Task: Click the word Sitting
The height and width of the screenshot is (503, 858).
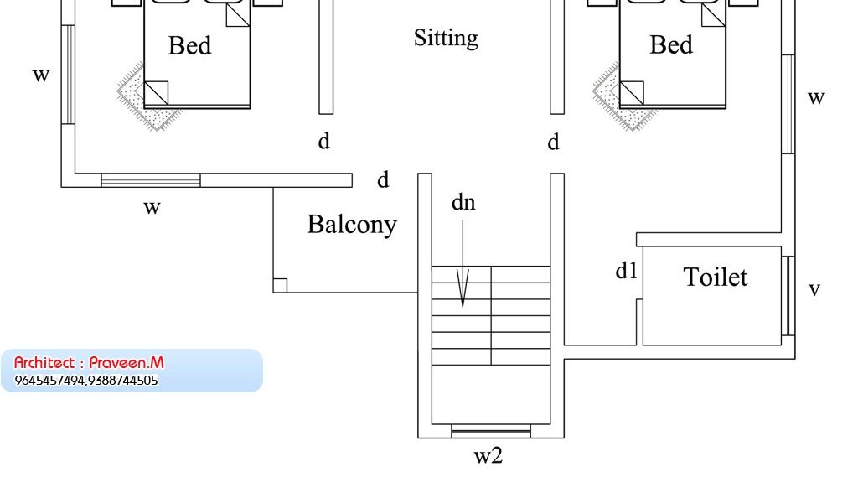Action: pos(446,38)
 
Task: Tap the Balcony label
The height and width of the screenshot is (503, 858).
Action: pos(352,225)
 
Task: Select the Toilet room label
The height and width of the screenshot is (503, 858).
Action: pos(716,277)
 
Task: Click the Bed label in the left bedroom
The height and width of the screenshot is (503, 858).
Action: pos(189,45)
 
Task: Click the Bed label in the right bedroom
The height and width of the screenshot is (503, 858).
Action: pos(671,44)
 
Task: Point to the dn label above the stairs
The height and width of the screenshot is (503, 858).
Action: pos(463,202)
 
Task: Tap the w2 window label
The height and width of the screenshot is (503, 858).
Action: pos(488,456)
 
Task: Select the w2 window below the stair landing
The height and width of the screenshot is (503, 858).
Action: pos(491,432)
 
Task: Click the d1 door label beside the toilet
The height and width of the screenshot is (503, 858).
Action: pos(627,271)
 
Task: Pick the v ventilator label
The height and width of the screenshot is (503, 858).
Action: pos(814,290)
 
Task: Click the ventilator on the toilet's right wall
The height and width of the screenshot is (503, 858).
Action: pos(788,296)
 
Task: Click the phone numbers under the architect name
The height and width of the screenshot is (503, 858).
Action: pos(86,381)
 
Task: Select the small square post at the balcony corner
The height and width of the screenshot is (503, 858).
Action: pos(281,286)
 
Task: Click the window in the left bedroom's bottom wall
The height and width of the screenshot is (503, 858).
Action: pos(151,180)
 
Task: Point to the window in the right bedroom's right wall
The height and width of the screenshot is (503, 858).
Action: pos(788,104)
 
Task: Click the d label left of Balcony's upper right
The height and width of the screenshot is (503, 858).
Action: pos(383,179)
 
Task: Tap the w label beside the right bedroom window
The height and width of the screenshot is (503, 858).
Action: pos(816,98)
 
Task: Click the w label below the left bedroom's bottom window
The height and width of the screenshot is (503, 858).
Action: pos(152,207)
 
